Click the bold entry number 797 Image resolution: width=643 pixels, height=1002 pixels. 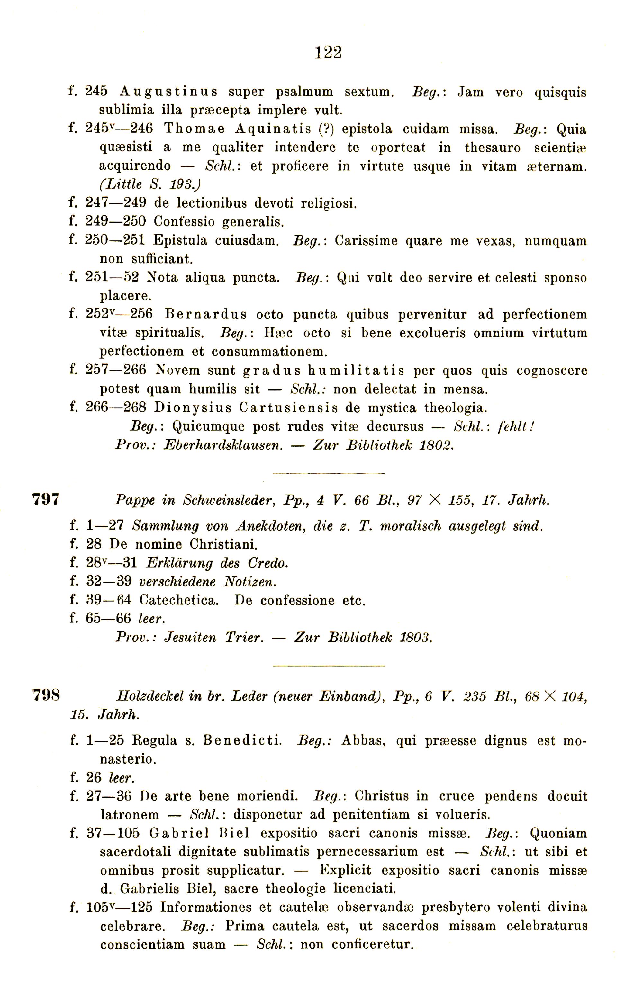[x=46, y=499]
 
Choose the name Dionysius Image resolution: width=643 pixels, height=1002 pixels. [x=193, y=407]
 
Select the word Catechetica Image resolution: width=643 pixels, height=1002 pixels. [x=179, y=600]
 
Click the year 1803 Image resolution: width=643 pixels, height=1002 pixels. [x=415, y=637]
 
